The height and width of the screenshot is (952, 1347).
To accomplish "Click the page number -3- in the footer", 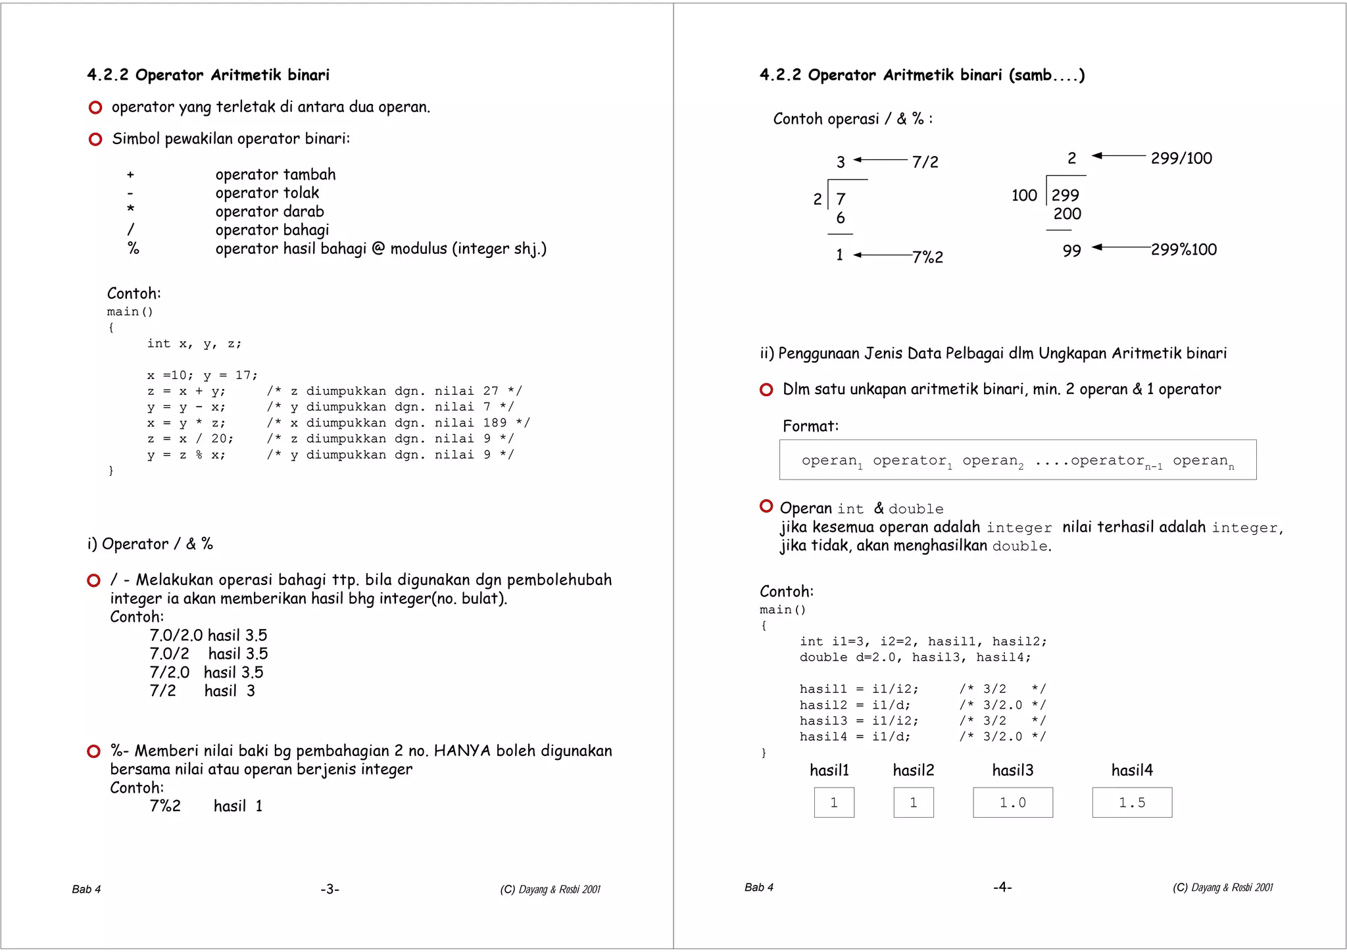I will (x=330, y=889).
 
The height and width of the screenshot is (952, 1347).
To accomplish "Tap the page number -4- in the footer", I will (x=1002, y=888).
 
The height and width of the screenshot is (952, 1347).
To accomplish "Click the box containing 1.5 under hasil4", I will (x=1132, y=803).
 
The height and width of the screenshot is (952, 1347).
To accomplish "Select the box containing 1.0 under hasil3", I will (x=1012, y=803).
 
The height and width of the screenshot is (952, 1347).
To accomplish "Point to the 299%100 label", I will (x=1184, y=250).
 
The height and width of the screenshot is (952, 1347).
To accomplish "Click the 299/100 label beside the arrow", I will (x=1181, y=159).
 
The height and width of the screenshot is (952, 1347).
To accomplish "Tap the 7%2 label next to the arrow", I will (x=927, y=257).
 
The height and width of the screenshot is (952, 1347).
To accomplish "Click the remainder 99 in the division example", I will (x=1071, y=251).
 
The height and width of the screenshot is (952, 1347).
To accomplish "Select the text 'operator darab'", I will (x=270, y=212).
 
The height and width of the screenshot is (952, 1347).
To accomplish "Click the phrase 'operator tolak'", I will (x=267, y=193).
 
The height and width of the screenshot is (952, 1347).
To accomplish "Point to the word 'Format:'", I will (x=810, y=426).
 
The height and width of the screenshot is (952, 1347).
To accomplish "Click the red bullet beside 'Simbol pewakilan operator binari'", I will (x=95, y=139).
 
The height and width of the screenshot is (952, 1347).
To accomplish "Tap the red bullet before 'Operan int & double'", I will (x=766, y=506).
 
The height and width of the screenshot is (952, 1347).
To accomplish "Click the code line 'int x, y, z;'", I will (x=194, y=343).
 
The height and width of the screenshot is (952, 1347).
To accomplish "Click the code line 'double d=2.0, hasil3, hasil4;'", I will (x=915, y=657).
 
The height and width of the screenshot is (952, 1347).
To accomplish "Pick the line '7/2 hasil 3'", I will (x=202, y=691).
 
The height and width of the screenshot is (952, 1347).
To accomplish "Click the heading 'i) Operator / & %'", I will (x=150, y=544).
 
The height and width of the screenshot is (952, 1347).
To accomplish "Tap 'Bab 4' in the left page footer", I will (x=86, y=889).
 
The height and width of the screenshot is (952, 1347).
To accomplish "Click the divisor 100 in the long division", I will (x=1024, y=195).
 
